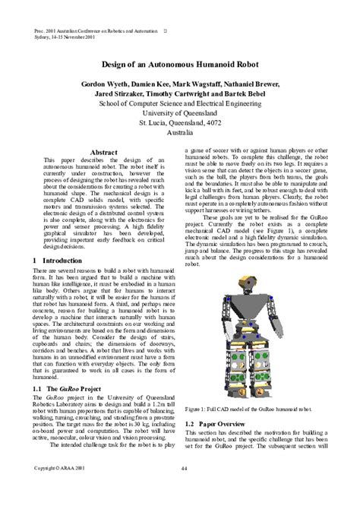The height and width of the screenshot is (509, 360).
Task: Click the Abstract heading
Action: click(x=103, y=153)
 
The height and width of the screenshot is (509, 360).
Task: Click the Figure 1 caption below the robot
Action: click(x=248, y=407)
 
